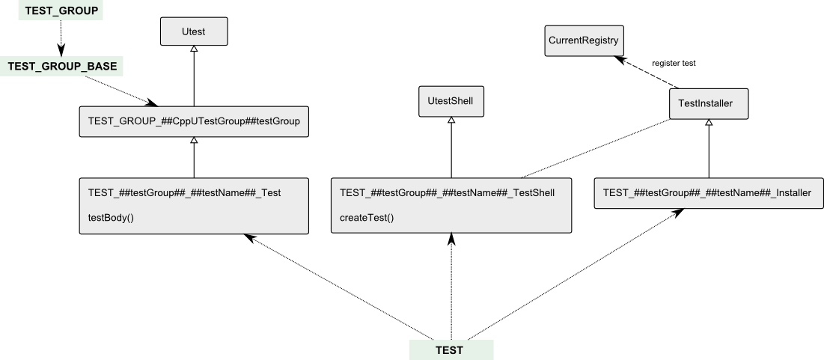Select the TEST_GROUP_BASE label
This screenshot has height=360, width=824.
tap(62, 67)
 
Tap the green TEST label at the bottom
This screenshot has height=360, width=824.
tap(450, 350)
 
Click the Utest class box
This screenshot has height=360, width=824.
tap(193, 31)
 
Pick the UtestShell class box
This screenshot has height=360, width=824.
tap(451, 101)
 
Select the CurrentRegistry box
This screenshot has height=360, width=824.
tap(584, 40)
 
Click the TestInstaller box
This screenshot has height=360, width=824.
tap(709, 103)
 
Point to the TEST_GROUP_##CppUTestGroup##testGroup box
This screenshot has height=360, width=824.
tap(194, 122)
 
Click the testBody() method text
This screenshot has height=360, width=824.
tap(111, 217)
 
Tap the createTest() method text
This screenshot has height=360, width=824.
tap(367, 217)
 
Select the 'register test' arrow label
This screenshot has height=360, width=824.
tap(674, 64)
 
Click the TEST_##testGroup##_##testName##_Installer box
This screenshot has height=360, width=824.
tap(706, 192)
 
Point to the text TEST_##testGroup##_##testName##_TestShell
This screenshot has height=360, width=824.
tap(447, 192)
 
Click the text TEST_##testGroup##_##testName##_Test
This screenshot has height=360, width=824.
tap(184, 192)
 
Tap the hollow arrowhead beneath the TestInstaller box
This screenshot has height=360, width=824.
tap(709, 123)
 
